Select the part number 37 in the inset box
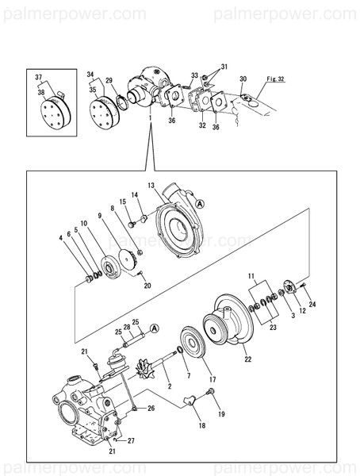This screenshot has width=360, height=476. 37,77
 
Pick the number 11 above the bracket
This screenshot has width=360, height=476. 253,278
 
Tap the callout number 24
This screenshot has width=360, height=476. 312,304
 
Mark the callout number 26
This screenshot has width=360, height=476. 151,409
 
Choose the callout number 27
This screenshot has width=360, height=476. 132,440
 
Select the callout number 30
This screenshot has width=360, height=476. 243,79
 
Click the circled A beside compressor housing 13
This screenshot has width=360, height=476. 200,204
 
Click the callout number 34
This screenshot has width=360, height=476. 90,74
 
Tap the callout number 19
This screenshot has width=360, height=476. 221,414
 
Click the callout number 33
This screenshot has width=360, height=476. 193,76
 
